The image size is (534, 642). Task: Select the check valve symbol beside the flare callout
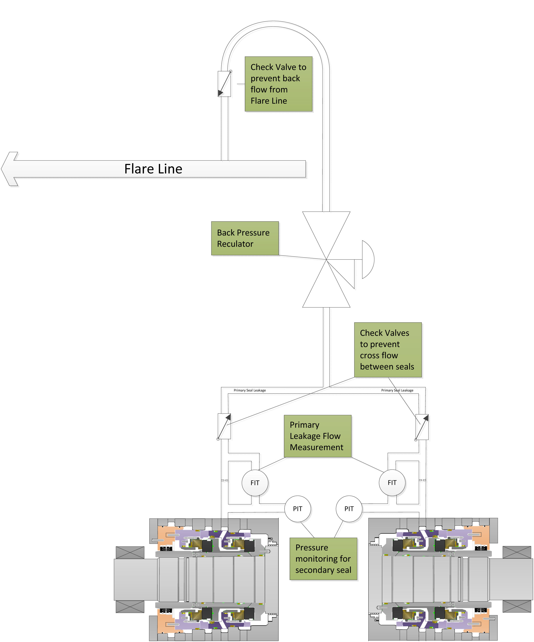pyautogui.click(x=224, y=84)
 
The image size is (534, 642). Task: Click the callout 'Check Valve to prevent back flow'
pyautogui.click(x=278, y=84)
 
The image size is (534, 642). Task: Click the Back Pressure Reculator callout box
pyautogui.click(x=245, y=238)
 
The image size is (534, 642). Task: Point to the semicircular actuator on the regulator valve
pyautogui.click(x=367, y=259)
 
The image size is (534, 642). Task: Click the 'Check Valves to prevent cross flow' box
pyautogui.click(x=388, y=350)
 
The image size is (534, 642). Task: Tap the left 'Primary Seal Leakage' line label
pyautogui.click(x=249, y=390)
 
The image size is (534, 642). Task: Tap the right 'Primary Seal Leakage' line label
pyautogui.click(x=397, y=390)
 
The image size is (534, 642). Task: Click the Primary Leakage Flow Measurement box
pyautogui.click(x=317, y=436)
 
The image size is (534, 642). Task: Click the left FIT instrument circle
pyautogui.click(x=255, y=482)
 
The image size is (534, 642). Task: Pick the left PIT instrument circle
pyautogui.click(x=298, y=508)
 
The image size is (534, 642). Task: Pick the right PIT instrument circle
pyautogui.click(x=349, y=508)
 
